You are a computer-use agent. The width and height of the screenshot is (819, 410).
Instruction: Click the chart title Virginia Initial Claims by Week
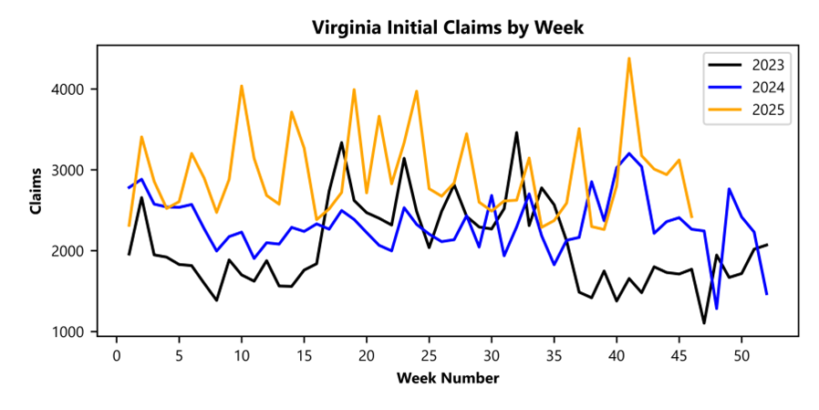coord(447,27)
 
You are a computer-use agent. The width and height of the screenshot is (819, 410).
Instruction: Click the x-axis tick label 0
coord(117,353)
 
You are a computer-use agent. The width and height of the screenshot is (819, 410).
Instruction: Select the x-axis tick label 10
coord(242,353)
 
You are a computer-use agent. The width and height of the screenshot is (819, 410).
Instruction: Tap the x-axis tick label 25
coord(429,353)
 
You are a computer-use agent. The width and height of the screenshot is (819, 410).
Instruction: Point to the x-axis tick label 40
coord(617,353)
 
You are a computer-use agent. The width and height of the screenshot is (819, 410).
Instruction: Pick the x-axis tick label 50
coord(741,353)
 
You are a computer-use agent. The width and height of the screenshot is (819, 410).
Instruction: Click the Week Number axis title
coord(447,377)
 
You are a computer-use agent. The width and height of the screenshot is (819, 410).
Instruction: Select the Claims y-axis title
coord(36,191)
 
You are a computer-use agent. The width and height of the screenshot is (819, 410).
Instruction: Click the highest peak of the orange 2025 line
coord(629,58)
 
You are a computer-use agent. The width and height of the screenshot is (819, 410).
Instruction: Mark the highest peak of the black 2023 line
coord(516,132)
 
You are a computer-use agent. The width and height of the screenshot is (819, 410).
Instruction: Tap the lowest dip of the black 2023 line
coord(704,322)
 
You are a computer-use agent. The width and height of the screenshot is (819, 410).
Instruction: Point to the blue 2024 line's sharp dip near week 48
coord(717,309)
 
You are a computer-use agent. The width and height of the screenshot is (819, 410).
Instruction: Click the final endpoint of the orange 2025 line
coord(691,216)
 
